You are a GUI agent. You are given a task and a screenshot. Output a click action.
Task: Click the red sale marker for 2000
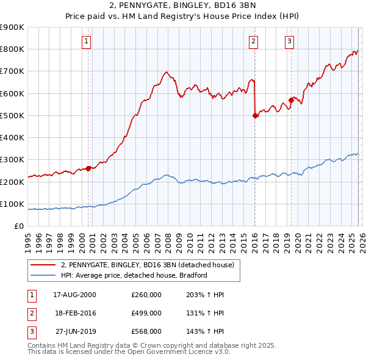click(88, 168)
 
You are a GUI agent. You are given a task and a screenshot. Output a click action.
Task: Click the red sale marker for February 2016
click(255, 115)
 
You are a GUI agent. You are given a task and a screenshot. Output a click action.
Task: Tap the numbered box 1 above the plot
click(87, 41)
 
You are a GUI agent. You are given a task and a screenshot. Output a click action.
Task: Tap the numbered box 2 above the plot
click(253, 41)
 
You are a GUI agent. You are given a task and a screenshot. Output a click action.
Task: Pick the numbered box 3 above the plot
click(289, 41)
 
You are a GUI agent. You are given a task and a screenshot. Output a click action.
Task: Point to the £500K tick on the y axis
click(12, 115)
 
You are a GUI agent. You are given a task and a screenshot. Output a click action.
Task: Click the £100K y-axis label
click(12, 204)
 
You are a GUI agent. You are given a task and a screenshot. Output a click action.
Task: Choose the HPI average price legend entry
click(134, 275)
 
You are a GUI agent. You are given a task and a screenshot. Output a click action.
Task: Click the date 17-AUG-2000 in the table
click(74, 295)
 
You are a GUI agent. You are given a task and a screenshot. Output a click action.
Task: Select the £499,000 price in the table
click(146, 313)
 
